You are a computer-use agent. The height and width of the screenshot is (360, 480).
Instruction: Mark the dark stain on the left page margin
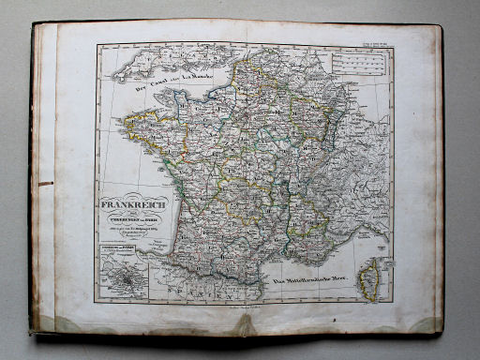click(44, 184)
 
